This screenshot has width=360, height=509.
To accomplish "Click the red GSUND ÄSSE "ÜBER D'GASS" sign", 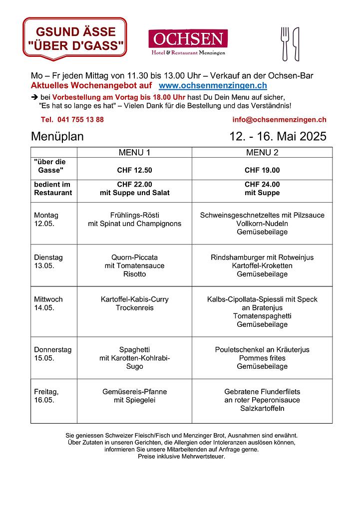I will pos(75,39).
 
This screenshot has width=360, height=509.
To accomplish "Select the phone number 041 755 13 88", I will pos(72,120).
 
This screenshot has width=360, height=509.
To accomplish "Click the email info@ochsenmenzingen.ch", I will pos(279,120).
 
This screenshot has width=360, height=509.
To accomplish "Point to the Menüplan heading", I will pos(57,136).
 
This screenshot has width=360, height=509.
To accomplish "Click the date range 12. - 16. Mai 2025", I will pos(278,136).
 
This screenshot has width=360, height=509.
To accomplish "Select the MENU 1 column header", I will pos(134,152).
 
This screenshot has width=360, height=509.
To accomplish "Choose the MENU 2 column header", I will pos(262,152).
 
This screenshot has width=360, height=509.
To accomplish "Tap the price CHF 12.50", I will pos(134,170).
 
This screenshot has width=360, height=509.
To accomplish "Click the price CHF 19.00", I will pos(262,170).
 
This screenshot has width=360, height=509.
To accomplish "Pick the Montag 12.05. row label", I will pos(46,220).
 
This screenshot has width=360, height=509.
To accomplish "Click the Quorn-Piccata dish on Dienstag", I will pos(134,257).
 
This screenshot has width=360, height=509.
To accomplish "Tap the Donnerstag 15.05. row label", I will pos(52,354).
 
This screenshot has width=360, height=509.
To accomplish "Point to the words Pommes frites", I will pos(262,358).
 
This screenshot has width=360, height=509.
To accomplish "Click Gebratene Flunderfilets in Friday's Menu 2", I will pos(262,392).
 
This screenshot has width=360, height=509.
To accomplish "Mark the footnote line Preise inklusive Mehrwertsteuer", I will pos(181,456).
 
